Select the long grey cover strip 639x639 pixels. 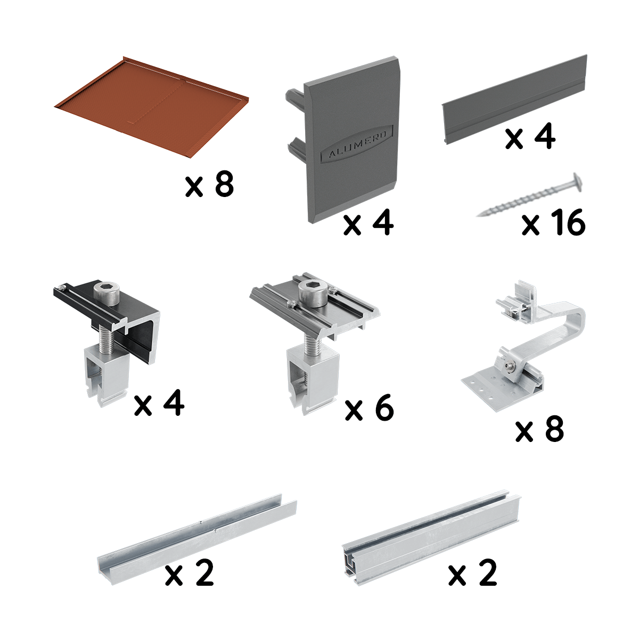tap(514, 100)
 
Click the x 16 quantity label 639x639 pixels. tap(553, 223)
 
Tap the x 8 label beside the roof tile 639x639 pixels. tap(210, 184)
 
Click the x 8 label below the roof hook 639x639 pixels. tap(540, 429)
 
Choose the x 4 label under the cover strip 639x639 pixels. tap(530, 137)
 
